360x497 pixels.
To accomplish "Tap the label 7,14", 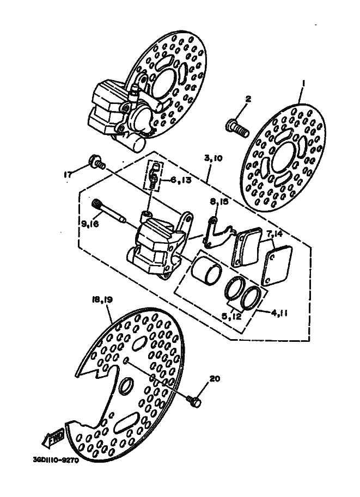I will click(x=275, y=234).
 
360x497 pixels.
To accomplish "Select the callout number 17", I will click(x=68, y=175).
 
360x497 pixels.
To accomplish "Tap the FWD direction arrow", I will click(x=55, y=437).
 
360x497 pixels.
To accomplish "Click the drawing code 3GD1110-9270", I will click(x=56, y=459).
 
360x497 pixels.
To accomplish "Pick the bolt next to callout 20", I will click(x=193, y=401).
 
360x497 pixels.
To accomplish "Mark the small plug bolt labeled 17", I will click(x=96, y=162).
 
